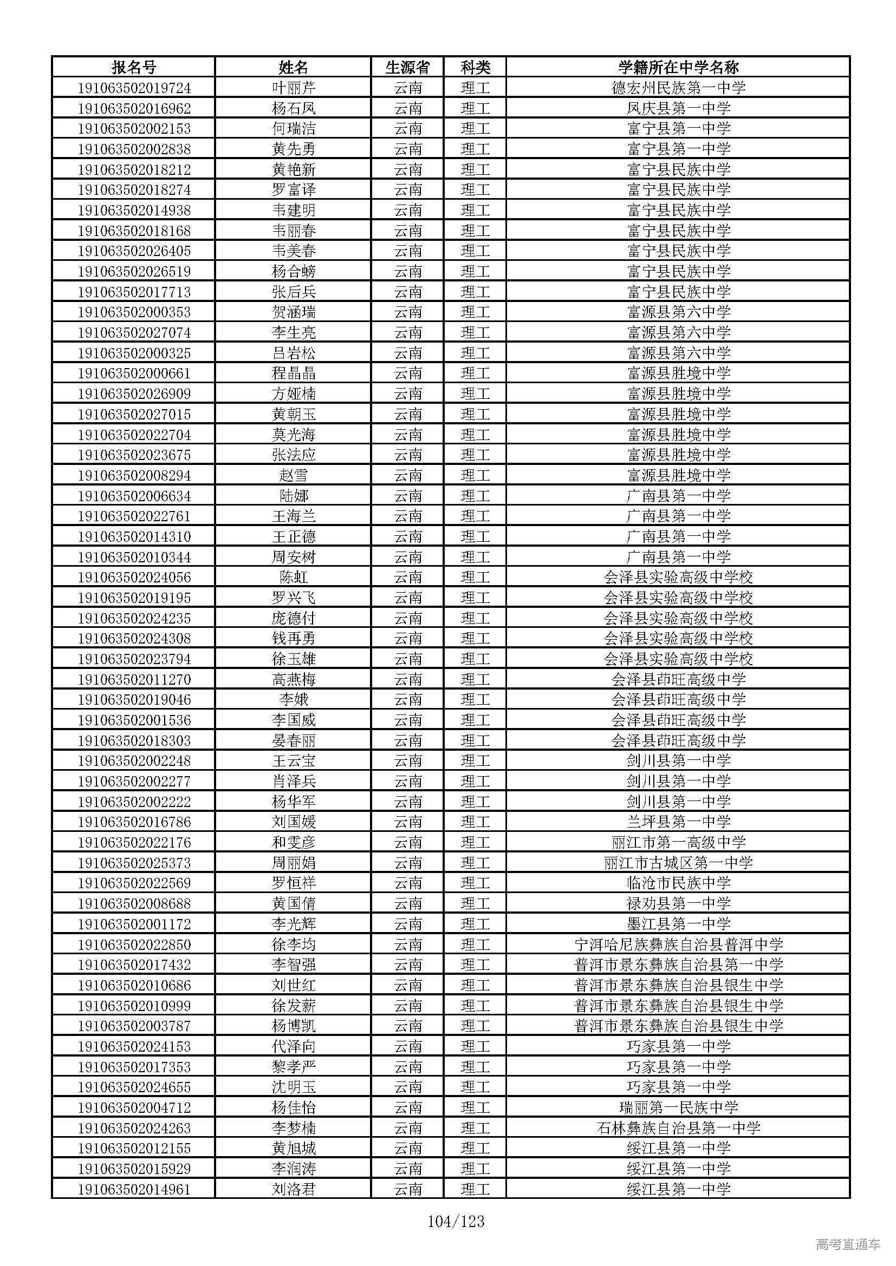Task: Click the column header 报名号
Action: (133, 67)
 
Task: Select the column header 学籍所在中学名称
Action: (678, 67)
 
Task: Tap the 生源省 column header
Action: (408, 67)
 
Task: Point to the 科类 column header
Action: (475, 67)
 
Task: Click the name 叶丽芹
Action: (294, 88)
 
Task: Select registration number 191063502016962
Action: (133, 108)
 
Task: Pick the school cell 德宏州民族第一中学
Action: (678, 88)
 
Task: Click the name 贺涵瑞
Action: (294, 312)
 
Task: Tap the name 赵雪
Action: (294, 475)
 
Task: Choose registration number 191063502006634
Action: (133, 496)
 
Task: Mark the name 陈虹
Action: (294, 578)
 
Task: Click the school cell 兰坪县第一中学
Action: (678, 822)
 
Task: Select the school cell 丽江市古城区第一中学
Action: (678, 863)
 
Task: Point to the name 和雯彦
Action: (294, 843)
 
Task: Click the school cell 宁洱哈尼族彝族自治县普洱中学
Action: (678, 944)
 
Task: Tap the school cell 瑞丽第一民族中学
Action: (678, 1108)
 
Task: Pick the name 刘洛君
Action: (294, 1189)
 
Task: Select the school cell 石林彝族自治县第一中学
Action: (678, 1128)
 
